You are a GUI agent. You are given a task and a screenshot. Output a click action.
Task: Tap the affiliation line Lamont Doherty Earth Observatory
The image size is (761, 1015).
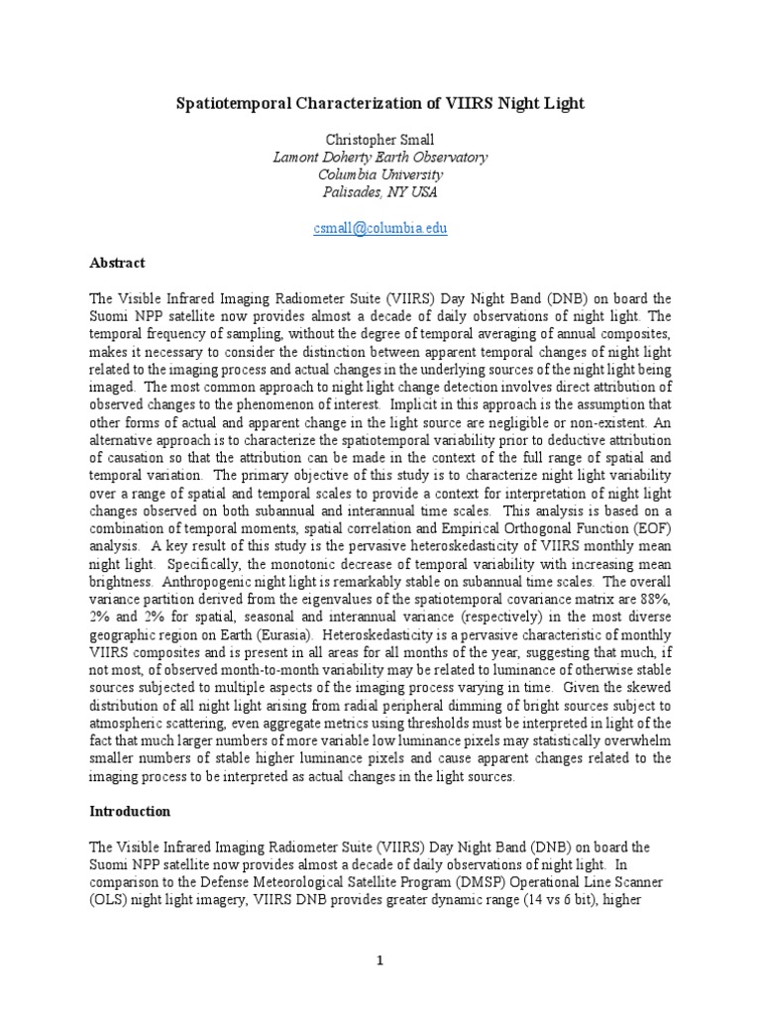click(380, 157)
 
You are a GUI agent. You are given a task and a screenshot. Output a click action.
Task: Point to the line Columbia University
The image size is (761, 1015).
click(380, 174)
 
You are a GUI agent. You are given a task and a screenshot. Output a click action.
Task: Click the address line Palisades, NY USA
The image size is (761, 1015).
click(380, 192)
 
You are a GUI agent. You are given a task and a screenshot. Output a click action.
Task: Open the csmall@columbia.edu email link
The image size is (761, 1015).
click(380, 228)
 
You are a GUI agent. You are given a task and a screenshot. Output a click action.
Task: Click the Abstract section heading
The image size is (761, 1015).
click(118, 263)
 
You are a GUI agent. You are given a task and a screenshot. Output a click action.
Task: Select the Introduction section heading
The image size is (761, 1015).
click(131, 811)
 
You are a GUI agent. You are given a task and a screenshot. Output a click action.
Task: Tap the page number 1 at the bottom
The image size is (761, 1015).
click(380, 960)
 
